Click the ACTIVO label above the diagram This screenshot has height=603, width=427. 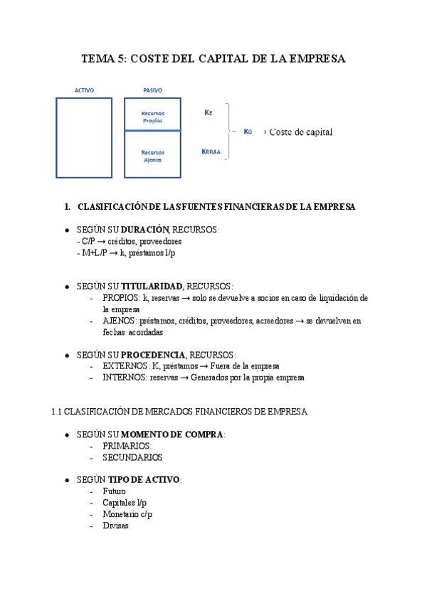(84, 90)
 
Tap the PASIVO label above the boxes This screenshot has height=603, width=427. (152, 90)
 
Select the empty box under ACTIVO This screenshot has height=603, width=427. (84, 137)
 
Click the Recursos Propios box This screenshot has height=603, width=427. (152, 117)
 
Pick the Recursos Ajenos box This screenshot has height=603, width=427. (152, 156)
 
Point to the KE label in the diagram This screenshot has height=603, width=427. (208, 112)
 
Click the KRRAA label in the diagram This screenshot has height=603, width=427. (212, 151)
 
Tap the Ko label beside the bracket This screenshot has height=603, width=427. (248, 132)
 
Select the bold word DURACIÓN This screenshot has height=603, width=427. (144, 230)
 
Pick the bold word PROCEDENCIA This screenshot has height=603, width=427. (153, 354)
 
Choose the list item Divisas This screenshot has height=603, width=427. (116, 526)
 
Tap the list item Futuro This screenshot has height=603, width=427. (114, 491)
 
